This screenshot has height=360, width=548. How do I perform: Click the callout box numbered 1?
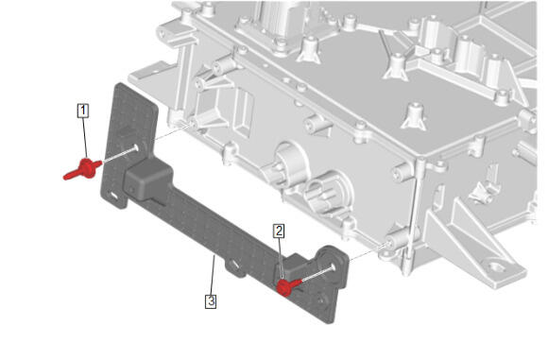pyautogui.click(x=83, y=111)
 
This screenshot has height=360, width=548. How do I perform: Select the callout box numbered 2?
pyautogui.click(x=279, y=231)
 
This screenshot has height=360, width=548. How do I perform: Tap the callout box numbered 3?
pyautogui.click(x=211, y=301)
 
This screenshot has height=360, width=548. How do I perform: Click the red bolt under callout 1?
pyautogui.click(x=83, y=169)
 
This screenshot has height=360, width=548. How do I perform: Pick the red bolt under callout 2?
pyautogui.click(x=287, y=286)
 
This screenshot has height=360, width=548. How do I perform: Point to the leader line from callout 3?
pyautogui.click(x=213, y=275)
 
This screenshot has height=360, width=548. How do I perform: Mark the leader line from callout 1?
pyautogui.click(x=85, y=138)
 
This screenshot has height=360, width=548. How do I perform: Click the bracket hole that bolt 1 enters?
pyautogui.click(x=135, y=147)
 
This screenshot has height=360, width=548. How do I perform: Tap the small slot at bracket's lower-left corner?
pyautogui.click(x=113, y=196)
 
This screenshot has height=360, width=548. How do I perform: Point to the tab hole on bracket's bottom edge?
pyautogui.click(x=235, y=264)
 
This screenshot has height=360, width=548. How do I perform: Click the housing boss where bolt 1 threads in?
pyautogui.click(x=192, y=125)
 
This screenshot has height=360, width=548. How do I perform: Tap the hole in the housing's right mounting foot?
pyautogui.click(x=496, y=268)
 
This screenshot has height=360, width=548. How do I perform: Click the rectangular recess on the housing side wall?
pyautogui.click(x=244, y=112)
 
